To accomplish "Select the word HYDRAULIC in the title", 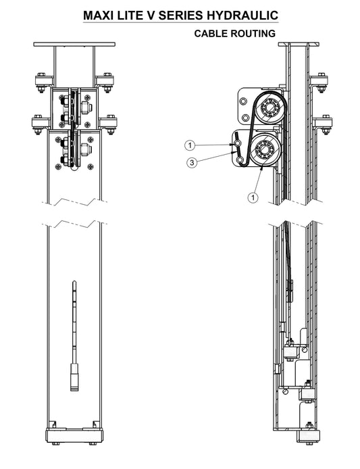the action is click(242, 16).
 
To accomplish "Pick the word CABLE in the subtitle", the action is click(209, 34).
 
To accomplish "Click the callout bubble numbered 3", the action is click(192, 163).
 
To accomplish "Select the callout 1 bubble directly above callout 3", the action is click(190, 146).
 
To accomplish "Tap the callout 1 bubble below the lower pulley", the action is click(253, 197).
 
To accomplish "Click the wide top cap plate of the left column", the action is click(74, 45).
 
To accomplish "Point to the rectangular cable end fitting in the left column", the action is click(74, 377).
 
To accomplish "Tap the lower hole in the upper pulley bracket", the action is click(245, 118).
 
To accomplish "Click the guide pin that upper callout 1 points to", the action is click(237, 144).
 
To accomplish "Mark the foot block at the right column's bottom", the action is click(308, 436).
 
